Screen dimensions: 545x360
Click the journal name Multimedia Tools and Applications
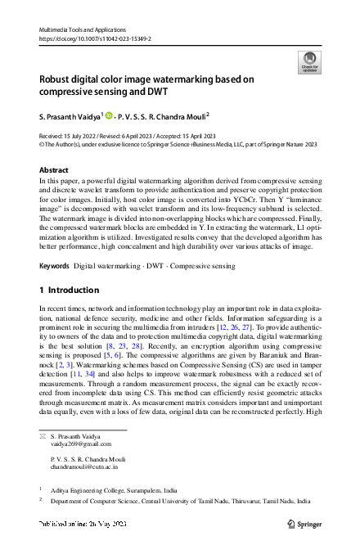point(82,29)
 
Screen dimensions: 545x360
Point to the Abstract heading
point(54,170)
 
